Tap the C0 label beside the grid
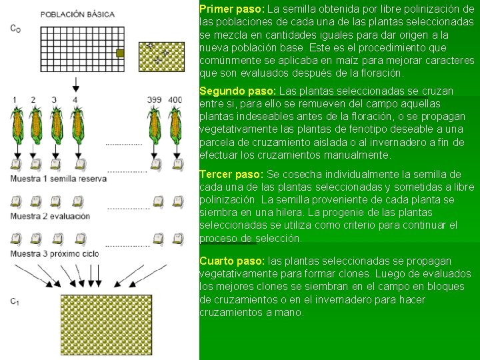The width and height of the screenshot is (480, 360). tap(15, 28)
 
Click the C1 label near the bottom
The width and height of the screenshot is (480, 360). tap(15, 301)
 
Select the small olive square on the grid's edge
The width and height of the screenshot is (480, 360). tap(121, 53)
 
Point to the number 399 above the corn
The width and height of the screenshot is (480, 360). tap(154, 100)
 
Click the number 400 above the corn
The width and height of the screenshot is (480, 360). tap(175, 100)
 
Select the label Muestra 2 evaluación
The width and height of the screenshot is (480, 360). tap(49, 216)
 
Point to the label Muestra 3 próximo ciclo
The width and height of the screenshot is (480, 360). tap(54, 253)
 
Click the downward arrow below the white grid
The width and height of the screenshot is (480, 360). tap(76, 84)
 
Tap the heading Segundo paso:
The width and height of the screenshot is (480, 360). tap(237, 91)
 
